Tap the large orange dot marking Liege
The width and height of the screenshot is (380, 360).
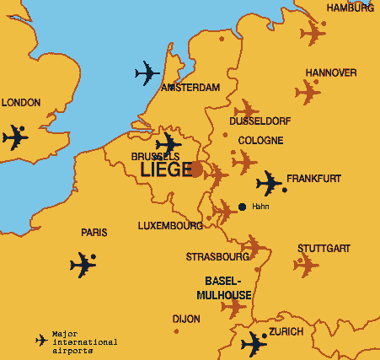pos(195,169)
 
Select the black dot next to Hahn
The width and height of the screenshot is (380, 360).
pos(243,207)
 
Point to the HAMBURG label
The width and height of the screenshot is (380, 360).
pos(350,8)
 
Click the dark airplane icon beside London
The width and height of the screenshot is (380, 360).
pos(14,137)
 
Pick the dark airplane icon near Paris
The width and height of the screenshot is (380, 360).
pos(83,265)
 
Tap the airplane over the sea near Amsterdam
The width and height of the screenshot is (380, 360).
pos(147,73)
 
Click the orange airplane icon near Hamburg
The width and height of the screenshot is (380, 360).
pos(313,34)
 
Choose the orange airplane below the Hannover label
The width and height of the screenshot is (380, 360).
pos(308,91)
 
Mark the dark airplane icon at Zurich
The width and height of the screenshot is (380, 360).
pos(254,344)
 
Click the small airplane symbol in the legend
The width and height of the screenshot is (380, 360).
pos(41,340)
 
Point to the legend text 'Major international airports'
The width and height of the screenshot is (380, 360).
pos(84,341)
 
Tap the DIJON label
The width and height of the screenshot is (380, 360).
pos(186,320)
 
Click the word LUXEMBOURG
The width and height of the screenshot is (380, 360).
pos(170,226)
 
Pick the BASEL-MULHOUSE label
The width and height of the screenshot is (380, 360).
pos(223,287)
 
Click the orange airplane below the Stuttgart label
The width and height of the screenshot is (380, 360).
pos(306,266)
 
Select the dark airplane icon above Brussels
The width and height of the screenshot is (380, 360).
pos(169,142)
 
